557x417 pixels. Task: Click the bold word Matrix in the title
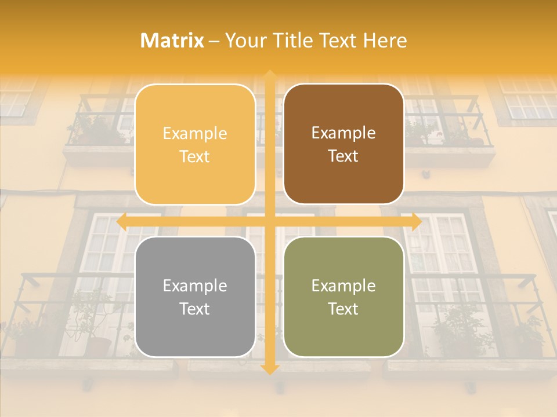point(172,41)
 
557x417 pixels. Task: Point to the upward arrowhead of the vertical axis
point(269,76)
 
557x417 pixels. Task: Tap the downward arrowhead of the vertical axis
point(269,370)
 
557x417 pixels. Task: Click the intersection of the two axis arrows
point(269,222)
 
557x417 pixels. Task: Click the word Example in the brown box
point(343,133)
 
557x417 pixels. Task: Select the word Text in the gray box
point(195,309)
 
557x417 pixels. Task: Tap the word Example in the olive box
point(343,286)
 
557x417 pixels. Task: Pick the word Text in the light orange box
point(195,156)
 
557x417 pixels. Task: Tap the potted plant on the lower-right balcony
point(458,330)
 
